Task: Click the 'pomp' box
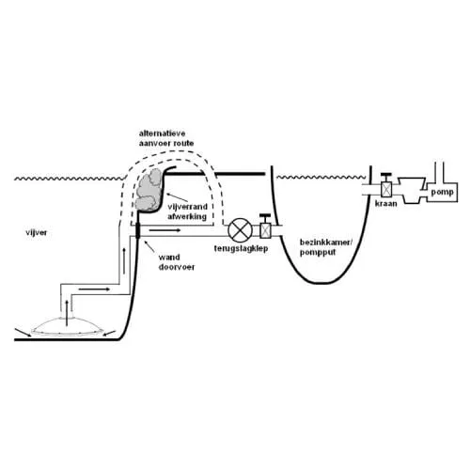point(442,192)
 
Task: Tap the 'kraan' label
point(385,204)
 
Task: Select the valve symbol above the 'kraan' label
point(386,185)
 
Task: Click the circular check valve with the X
point(240,230)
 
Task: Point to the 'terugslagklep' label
point(241,249)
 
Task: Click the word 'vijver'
point(37,233)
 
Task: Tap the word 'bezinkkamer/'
point(326,243)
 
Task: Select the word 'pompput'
point(318,252)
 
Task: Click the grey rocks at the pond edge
point(149,190)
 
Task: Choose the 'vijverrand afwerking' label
point(187,211)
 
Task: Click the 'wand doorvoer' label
point(177,262)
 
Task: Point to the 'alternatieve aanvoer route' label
point(166,138)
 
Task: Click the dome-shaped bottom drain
point(66,326)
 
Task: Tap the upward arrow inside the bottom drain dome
point(67,313)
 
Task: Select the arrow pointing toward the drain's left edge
point(23,333)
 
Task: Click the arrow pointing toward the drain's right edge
point(109,333)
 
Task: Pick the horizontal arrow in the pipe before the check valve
point(164,230)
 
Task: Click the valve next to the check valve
point(265,227)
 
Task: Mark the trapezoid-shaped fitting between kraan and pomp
point(412,190)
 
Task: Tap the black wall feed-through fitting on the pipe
point(137,230)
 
